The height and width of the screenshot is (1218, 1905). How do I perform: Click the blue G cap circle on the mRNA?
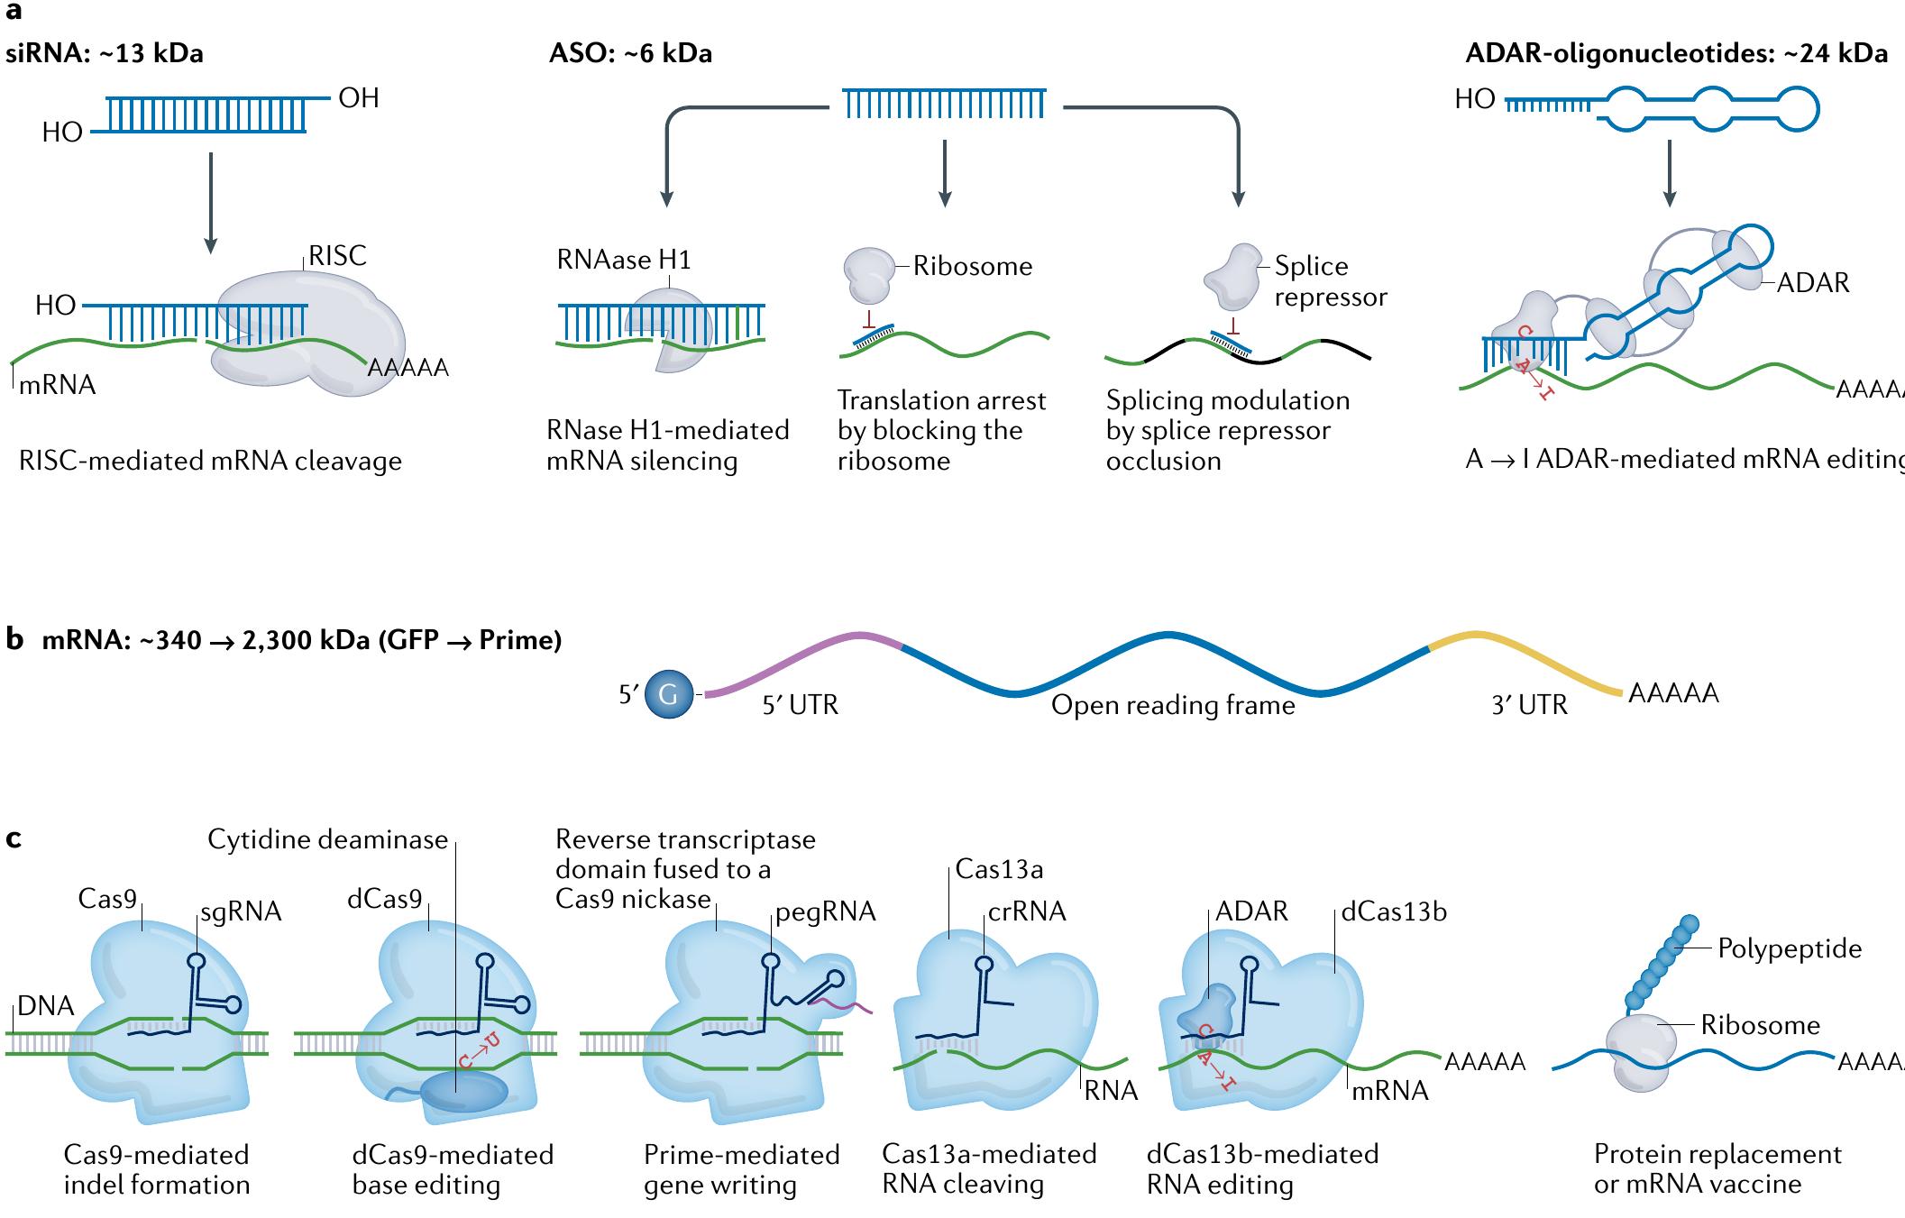[669, 694]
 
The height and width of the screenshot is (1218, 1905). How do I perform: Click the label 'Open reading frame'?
[1172, 705]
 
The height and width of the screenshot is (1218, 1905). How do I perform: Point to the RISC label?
[337, 256]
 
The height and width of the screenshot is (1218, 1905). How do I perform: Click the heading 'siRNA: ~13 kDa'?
[105, 53]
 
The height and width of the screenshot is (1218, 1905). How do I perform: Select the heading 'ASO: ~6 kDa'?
[630, 53]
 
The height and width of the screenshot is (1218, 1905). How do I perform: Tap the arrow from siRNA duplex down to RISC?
[210, 202]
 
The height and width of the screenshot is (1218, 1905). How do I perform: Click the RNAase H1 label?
[624, 260]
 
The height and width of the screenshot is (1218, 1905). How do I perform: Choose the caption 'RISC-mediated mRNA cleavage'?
[210, 461]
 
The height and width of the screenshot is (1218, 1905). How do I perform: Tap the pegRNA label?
[826, 911]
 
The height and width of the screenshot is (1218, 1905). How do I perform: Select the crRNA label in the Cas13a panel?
[1027, 911]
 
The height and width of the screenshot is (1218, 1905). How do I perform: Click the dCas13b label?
[1394, 911]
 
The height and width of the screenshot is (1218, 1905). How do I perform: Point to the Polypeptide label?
[1789, 948]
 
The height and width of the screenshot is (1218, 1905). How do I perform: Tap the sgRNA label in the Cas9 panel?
[241, 911]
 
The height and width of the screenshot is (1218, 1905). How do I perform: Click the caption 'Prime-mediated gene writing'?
[741, 1169]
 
